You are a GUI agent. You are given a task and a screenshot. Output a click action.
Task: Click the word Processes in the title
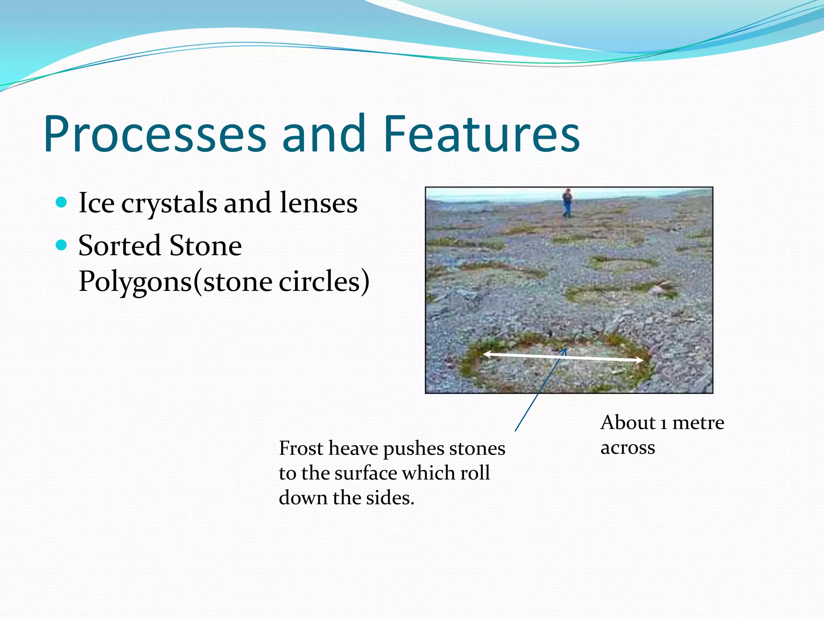coord(155,134)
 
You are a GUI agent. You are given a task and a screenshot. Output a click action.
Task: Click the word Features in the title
coord(481,134)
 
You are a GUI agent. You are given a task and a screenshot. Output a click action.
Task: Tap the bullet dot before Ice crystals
coord(61,202)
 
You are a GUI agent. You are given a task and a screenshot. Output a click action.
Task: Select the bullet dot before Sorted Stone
coord(61,245)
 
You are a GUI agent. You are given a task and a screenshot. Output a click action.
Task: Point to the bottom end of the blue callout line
coord(515,431)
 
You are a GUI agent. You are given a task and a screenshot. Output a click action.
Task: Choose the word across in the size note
coord(628,448)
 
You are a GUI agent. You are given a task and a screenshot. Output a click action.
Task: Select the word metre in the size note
coord(698,423)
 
